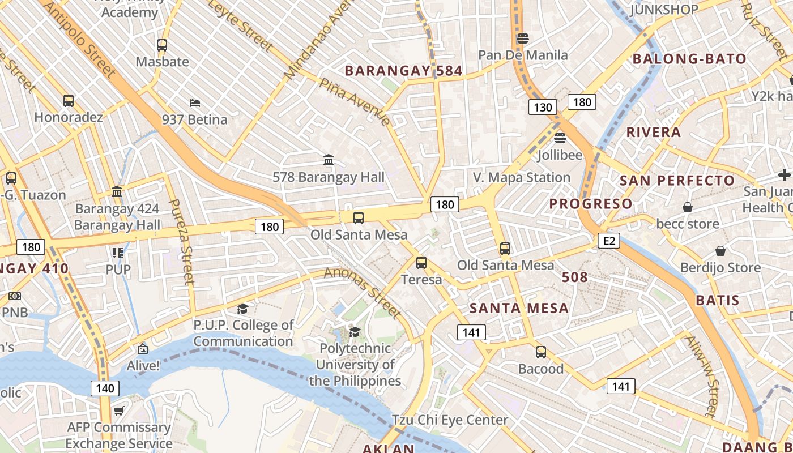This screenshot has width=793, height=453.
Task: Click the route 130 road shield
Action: click(x=543, y=107)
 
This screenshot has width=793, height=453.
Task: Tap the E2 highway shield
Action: click(x=608, y=241)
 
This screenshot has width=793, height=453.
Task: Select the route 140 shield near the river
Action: click(x=105, y=388)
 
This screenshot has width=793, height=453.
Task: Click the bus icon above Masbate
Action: click(x=162, y=45)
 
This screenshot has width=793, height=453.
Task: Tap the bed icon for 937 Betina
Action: click(x=195, y=103)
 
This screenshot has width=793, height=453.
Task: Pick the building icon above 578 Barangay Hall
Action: click(x=329, y=160)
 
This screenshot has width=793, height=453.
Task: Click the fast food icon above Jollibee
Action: click(x=560, y=138)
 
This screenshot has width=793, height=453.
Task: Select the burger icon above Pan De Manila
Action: click(x=522, y=39)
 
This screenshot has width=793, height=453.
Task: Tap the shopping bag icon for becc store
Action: click(x=688, y=207)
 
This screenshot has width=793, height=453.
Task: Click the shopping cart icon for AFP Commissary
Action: click(x=118, y=411)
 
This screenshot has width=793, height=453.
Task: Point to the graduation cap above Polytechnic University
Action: click(x=355, y=331)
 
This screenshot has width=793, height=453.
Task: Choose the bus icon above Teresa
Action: click(x=421, y=263)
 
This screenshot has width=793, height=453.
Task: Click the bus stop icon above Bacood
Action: click(x=541, y=352)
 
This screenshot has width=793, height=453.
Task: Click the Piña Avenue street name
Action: click(x=355, y=101)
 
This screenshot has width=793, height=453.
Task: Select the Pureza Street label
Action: click(x=182, y=241)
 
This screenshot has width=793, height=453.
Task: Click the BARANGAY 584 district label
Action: click(x=403, y=71)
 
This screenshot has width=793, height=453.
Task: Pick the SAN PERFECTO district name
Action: click(x=677, y=181)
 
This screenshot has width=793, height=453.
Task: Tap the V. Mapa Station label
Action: click(x=522, y=177)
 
